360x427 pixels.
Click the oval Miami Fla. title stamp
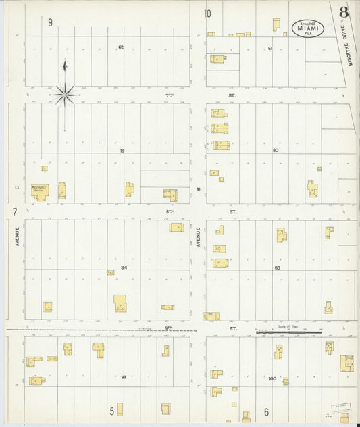[x=308, y=28]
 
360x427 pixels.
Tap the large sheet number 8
[x=344, y=12]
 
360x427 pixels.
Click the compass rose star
[x=64, y=95]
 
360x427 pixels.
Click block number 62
[x=121, y=47]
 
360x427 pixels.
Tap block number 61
[x=269, y=48]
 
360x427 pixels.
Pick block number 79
[x=122, y=151]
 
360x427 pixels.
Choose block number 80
[x=275, y=150]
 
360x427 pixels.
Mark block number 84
[x=124, y=268]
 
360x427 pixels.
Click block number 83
[x=277, y=268]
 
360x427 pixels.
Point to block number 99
[x=124, y=377]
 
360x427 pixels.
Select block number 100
[x=272, y=378]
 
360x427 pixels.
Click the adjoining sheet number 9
[x=51, y=22]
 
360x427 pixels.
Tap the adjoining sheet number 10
[x=207, y=13]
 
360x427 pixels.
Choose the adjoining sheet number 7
[x=14, y=212]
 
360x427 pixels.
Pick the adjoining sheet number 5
[x=112, y=410]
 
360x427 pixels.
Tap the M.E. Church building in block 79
[x=38, y=191]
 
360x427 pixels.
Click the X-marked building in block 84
[x=111, y=272]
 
